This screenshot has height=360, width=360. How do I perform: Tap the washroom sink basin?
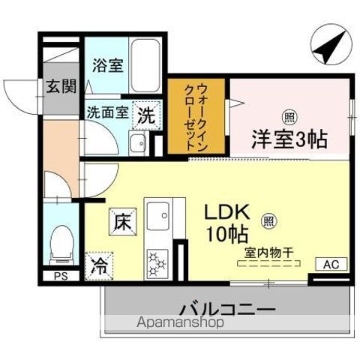(x=137, y=144)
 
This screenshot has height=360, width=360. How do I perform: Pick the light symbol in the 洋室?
(x=289, y=115)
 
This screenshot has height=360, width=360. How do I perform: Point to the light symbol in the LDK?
(x=268, y=221)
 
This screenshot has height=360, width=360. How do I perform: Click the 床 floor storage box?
(x=122, y=221)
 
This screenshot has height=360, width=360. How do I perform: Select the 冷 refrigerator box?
(x=99, y=264)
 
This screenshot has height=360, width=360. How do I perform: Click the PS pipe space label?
(x=60, y=276)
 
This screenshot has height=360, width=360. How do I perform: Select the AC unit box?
(x=331, y=263)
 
